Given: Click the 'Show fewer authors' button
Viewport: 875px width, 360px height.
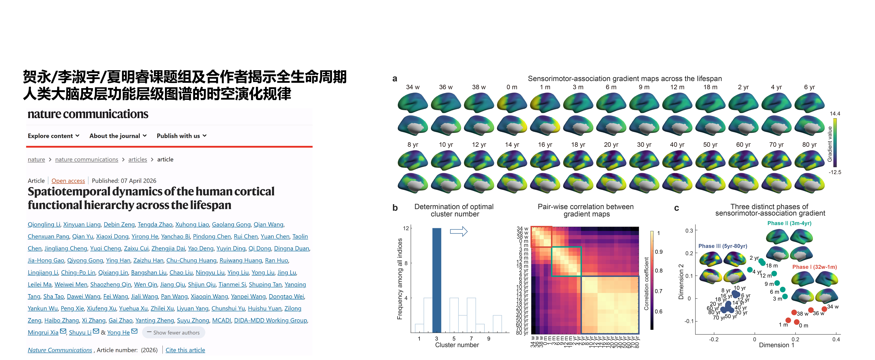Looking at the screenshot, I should coord(174,332).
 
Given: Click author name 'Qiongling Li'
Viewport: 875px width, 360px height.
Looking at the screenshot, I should coord(44,225).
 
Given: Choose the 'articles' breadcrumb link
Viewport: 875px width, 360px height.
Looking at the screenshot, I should coord(138,159).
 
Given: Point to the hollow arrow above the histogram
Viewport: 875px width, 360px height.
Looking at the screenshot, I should coord(459,232).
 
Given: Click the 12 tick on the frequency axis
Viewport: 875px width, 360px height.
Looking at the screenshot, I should coord(406,228).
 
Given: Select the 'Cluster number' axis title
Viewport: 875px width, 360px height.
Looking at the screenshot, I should coord(457,345).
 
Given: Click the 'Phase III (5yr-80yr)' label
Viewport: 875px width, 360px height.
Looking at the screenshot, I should coord(723,246).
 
